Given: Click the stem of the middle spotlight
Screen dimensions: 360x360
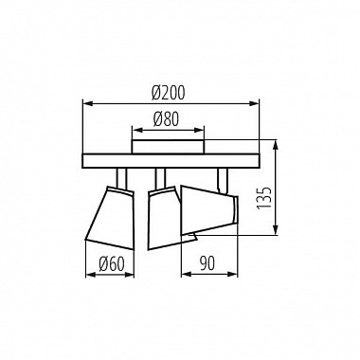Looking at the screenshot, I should [162, 177].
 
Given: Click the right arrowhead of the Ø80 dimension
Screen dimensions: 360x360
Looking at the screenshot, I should [204, 130].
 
